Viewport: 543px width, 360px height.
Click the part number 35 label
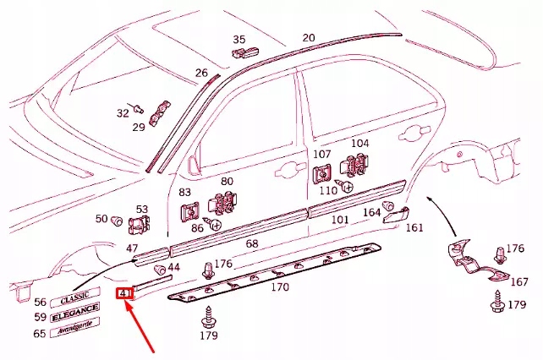click(239, 40)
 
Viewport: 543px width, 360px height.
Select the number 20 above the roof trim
click(309, 38)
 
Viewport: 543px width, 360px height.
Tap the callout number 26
click(201, 74)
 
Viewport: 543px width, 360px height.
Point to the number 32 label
click(123, 112)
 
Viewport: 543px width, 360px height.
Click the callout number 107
click(322, 155)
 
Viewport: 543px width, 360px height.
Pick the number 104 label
click(360, 144)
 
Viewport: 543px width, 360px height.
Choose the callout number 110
click(328, 192)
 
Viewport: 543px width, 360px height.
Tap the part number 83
click(186, 194)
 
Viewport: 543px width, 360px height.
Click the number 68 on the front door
click(251, 243)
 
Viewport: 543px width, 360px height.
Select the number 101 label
click(339, 220)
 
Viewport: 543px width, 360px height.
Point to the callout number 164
click(371, 213)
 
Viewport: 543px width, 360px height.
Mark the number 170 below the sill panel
click(279, 286)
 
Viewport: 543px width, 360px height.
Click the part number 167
click(519, 282)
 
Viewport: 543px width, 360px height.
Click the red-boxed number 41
click(124, 294)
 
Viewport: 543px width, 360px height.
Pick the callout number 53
click(142, 210)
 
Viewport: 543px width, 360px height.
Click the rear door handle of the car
click(414, 133)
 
